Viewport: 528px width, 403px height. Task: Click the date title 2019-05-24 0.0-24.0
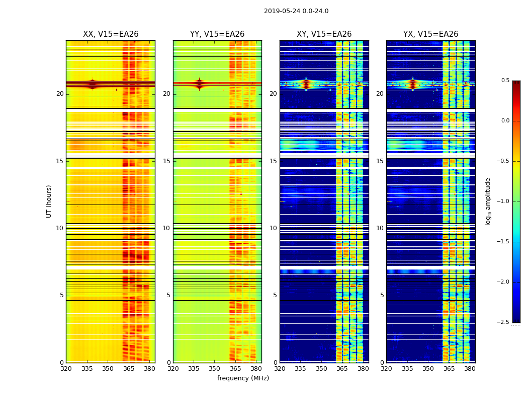click(296, 11)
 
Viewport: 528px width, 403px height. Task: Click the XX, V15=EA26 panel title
click(111, 34)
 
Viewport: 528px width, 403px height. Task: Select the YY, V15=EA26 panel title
click(217, 34)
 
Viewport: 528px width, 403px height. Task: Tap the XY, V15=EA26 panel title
click(324, 34)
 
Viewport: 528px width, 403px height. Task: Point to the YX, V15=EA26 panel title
click(430, 34)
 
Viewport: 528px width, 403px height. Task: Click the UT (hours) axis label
click(49, 201)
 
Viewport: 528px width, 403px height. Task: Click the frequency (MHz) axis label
click(243, 378)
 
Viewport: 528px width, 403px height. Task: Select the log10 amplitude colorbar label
click(488, 201)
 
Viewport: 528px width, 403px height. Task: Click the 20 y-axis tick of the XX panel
click(60, 94)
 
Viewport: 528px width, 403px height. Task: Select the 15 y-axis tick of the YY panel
click(166, 161)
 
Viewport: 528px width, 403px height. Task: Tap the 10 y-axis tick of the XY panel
click(273, 228)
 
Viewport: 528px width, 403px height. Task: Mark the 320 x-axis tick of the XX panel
click(66, 368)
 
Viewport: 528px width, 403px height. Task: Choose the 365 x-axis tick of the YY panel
click(235, 368)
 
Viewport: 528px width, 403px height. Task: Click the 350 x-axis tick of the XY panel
click(321, 368)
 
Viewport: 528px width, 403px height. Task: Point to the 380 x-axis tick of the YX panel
click(470, 368)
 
